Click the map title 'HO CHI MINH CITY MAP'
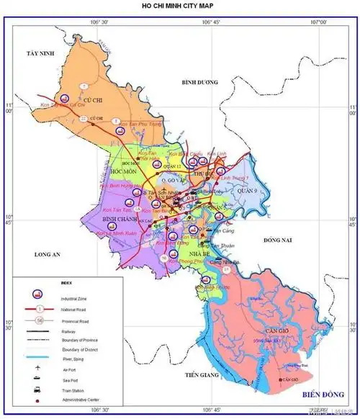click(179, 6)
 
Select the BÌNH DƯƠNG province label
click(199, 82)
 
